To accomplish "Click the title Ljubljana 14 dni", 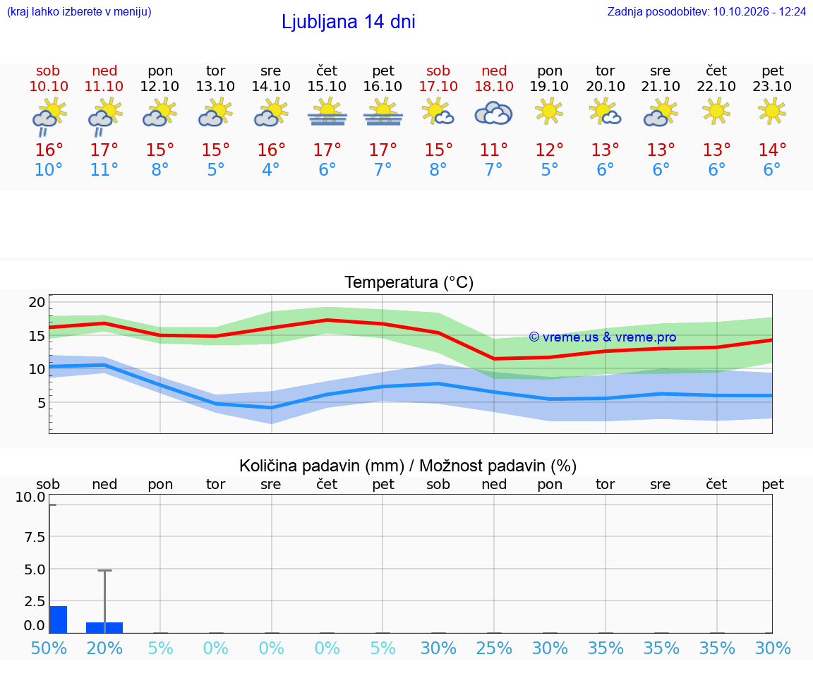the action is (349, 23).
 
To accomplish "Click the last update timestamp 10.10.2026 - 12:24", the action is (759, 11).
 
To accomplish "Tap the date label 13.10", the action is (215, 86).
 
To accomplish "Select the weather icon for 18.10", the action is (493, 114).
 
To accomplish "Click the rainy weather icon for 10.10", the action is (49, 117).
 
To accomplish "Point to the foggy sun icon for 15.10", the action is (327, 113).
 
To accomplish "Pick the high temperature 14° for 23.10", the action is (772, 150).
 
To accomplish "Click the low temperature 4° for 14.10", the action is (271, 169).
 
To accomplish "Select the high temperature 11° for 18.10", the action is (493, 150).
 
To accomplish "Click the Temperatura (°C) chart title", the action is (409, 282).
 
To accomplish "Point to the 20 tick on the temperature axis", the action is (37, 302).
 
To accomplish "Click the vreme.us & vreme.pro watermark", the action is (603, 337).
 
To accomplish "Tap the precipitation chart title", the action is (408, 466).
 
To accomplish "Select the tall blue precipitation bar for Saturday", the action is (58, 620).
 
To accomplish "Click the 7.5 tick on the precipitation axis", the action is (35, 536).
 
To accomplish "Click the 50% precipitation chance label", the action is (49, 648).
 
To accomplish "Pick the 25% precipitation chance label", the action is (493, 648).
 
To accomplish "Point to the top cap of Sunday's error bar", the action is (104, 570).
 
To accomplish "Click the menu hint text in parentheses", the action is (79, 11).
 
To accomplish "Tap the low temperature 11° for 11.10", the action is (104, 169).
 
